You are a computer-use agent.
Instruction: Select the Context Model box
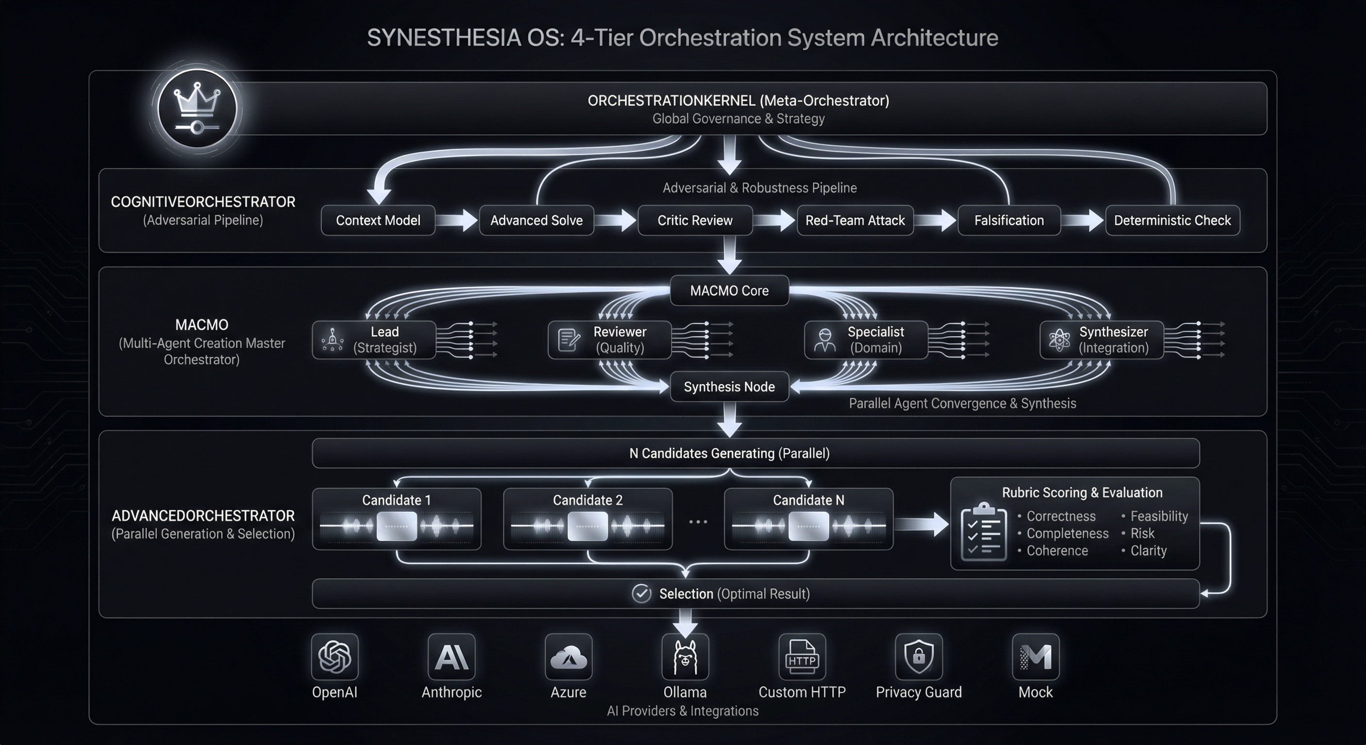[x=377, y=220]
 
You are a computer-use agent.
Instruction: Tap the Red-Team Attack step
[x=855, y=220]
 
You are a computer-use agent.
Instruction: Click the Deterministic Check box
[x=1172, y=220]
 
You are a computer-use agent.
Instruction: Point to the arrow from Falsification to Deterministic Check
[x=1083, y=220]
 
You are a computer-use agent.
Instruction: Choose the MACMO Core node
[x=729, y=291]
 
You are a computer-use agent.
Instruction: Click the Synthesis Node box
[x=729, y=387]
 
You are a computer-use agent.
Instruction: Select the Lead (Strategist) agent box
[x=374, y=340]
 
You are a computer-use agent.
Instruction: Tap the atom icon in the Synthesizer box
[x=1059, y=340]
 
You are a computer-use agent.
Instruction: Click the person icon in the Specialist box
[x=825, y=340]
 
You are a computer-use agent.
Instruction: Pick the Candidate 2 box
[x=587, y=518]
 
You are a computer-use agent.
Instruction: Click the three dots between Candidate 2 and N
[x=698, y=522]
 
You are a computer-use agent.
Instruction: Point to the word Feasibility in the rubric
[x=1159, y=516]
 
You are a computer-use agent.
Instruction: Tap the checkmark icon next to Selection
[x=642, y=593]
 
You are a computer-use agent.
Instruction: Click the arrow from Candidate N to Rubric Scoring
[x=922, y=524]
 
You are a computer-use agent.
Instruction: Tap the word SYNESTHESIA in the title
[x=443, y=38]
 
